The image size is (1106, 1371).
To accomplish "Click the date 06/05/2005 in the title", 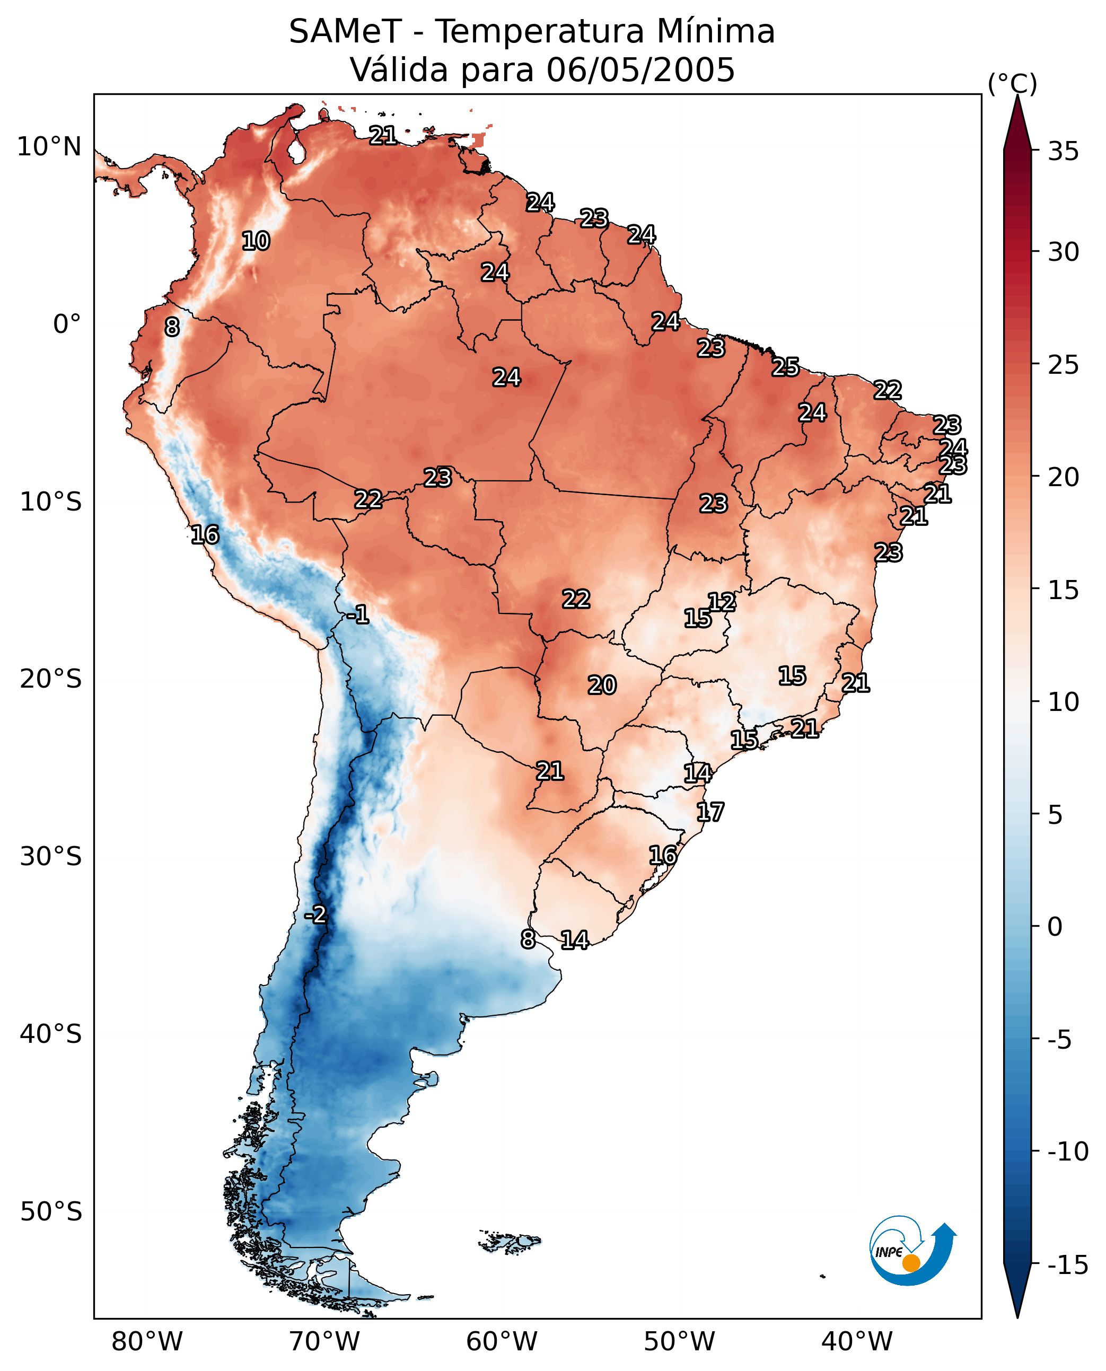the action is coord(641,69).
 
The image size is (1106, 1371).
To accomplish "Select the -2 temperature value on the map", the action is coord(315,915).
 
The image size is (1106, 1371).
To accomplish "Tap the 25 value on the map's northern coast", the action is coord(786,367).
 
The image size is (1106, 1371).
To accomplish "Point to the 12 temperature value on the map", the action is coord(722,602).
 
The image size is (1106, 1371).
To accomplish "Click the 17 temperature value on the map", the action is coord(710,812).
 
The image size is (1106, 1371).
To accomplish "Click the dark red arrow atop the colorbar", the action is coord(1017,123).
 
